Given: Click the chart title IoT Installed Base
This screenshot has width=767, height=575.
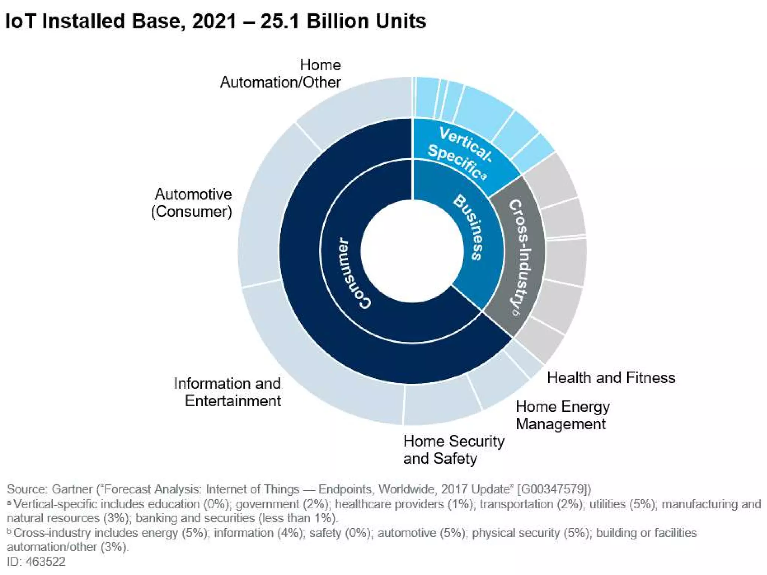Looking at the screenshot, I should pyautogui.click(x=215, y=21).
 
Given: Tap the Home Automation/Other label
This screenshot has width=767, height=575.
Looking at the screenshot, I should pyautogui.click(x=281, y=73).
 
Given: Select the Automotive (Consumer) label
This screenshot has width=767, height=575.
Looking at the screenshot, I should pyautogui.click(x=192, y=203).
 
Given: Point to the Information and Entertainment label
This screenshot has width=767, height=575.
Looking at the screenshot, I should pyautogui.click(x=228, y=392).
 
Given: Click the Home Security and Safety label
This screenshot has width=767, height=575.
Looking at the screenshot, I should pyautogui.click(x=454, y=450).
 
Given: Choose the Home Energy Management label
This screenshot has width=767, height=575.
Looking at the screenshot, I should pyautogui.click(x=563, y=415).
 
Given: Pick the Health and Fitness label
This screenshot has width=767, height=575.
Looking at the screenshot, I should pyautogui.click(x=611, y=378).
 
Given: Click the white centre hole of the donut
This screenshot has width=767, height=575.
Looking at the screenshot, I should pyautogui.click(x=412, y=251).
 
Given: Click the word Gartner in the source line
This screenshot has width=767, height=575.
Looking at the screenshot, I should pyautogui.click(x=72, y=489).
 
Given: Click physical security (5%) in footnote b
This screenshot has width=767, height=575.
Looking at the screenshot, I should pyautogui.click(x=530, y=533).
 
